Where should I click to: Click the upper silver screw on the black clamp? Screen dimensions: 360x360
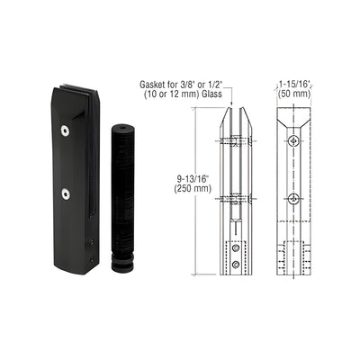coord(65,130)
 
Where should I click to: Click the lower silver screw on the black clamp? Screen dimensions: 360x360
coord(65,193)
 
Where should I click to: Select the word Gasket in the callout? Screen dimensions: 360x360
coord(152,85)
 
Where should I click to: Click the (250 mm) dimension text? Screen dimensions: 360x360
coord(193,188)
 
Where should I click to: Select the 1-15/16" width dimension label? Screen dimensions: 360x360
coord(294,85)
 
